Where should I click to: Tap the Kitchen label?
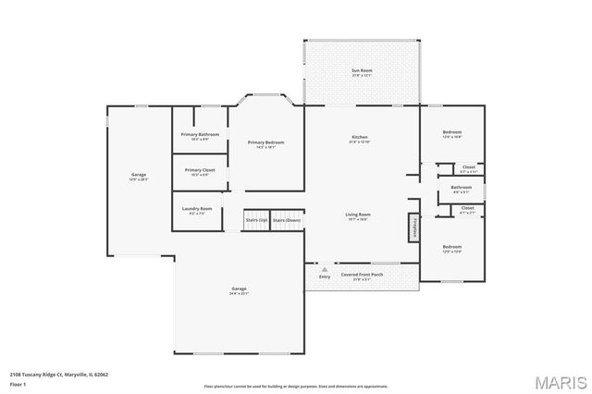(x=360, y=138)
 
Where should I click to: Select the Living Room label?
(x=359, y=215)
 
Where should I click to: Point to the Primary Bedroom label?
(x=265, y=143)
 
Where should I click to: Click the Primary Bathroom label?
(x=200, y=136)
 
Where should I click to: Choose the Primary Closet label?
(x=200, y=171)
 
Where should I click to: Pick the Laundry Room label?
(x=197, y=210)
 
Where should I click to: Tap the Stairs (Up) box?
(x=256, y=221)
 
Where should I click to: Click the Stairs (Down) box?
(x=287, y=221)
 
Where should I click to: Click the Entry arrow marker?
(x=324, y=270)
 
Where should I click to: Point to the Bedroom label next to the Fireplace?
(x=451, y=248)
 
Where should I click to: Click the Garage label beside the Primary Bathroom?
(x=138, y=176)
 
